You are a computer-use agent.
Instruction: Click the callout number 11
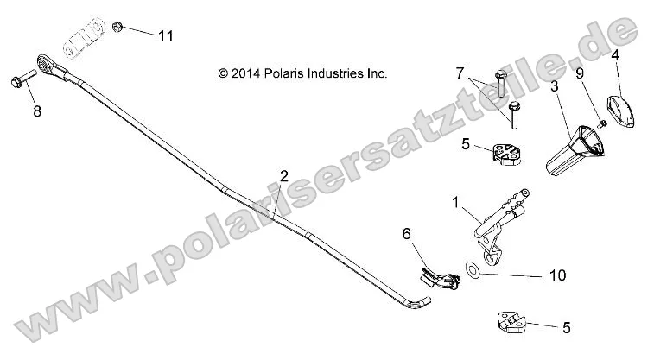coord(165,35)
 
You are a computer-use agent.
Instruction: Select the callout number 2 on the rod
coord(284,176)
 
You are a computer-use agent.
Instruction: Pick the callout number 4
coord(615,54)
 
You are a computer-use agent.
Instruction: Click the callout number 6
coord(408,233)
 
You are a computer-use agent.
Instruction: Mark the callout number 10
coord(557,275)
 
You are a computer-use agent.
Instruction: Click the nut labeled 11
coord(118,28)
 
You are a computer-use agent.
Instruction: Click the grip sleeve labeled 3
coord(571,148)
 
